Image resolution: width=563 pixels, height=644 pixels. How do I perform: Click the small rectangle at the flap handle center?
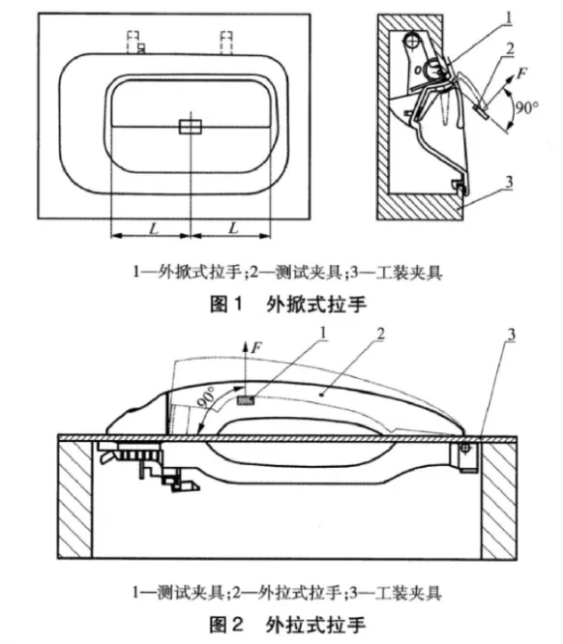pyautogui.click(x=190, y=127)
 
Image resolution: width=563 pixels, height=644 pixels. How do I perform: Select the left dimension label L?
pyautogui.click(x=154, y=228)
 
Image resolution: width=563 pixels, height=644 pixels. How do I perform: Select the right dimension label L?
pyautogui.click(x=233, y=228)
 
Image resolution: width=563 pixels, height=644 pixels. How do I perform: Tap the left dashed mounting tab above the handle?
pyautogui.click(x=134, y=43)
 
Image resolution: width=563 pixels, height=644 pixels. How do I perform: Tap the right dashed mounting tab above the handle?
pyautogui.click(x=226, y=43)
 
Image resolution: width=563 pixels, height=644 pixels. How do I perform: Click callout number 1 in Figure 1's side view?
pyautogui.click(x=509, y=17)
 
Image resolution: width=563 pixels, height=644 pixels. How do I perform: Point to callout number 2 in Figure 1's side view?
pyautogui.click(x=510, y=49)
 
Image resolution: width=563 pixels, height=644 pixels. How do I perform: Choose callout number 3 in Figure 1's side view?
pyautogui.click(x=509, y=181)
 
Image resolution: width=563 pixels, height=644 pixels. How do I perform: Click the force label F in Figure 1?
pyautogui.click(x=521, y=73)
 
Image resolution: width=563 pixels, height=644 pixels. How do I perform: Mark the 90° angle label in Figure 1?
pyautogui.click(x=526, y=108)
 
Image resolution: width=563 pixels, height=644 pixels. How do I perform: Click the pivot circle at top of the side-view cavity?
pyautogui.click(x=410, y=41)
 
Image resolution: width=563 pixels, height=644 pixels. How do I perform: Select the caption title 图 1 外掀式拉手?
pyautogui.click(x=287, y=305)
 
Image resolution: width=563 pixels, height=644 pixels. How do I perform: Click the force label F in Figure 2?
pyautogui.click(x=256, y=348)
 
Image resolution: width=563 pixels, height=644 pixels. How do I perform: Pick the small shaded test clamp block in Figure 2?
pyautogui.click(x=246, y=399)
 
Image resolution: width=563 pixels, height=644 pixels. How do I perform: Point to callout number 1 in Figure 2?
pyautogui.click(x=323, y=333)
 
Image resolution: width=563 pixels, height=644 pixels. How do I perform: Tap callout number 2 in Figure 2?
pyautogui.click(x=381, y=334)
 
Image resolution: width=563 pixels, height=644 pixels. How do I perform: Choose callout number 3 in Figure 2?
pyautogui.click(x=511, y=335)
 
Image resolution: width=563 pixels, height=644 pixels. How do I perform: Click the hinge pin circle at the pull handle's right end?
pyautogui.click(x=465, y=448)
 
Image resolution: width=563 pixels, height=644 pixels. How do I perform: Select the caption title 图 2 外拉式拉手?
pyautogui.click(x=287, y=625)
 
